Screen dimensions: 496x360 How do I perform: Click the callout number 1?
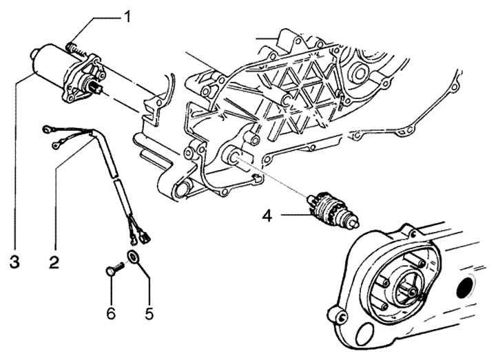click(126, 15)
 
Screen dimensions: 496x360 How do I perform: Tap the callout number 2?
click(54, 262)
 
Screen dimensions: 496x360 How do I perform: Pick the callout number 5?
click(149, 298)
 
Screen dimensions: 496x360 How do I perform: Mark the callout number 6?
click(111, 298)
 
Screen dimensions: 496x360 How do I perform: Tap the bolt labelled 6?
click(112, 271)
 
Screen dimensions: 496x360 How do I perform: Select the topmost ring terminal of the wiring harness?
click(48, 128)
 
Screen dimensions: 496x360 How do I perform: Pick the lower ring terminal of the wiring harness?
click(56, 145)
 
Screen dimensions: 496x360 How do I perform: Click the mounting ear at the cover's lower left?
click(339, 315)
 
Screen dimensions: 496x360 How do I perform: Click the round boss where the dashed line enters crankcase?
click(234, 157)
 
